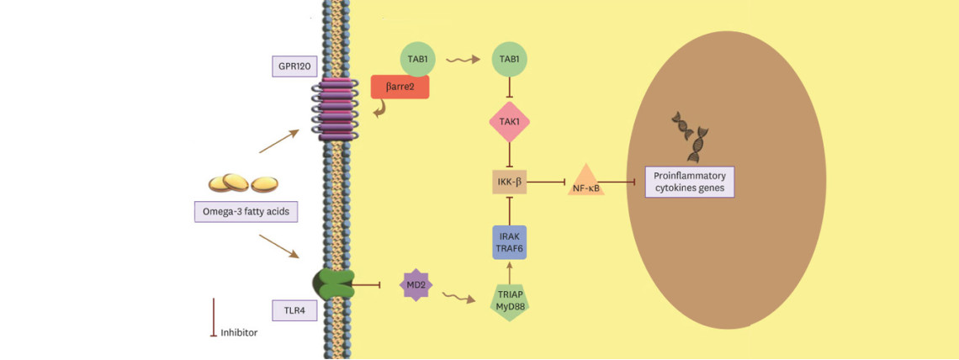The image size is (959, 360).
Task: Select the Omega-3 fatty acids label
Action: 241,212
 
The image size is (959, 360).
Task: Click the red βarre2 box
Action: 400,87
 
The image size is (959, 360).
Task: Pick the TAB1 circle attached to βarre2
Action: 418,59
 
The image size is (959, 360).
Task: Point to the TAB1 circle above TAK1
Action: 510,59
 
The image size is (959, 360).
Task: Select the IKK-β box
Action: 510,183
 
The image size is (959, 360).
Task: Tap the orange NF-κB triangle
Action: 586,181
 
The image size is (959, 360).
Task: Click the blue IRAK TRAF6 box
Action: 510,242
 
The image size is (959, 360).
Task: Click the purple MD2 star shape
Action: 416,284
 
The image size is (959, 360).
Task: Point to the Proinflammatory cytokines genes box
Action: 690,183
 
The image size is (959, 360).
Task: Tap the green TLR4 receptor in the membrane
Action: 334,285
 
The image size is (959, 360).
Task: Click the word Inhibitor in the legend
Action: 239,333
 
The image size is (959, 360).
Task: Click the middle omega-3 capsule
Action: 236,182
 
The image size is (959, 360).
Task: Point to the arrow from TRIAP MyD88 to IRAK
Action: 509,271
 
